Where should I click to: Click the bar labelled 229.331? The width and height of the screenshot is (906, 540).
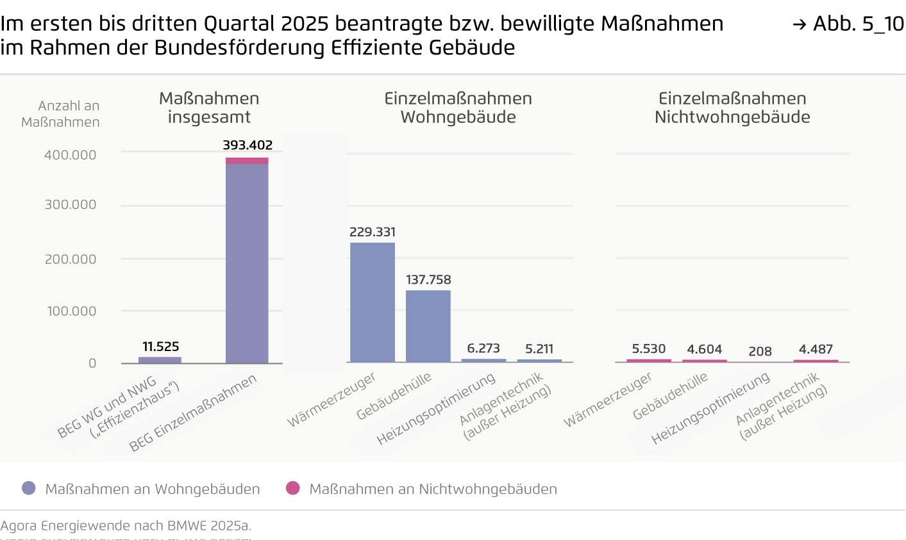[372, 302]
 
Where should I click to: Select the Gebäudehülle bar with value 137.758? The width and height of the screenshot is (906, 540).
[428, 326]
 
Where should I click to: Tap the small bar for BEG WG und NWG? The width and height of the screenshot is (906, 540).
[160, 360]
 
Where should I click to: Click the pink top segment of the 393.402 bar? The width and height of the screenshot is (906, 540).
[247, 161]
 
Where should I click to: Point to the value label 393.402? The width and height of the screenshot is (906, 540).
[247, 145]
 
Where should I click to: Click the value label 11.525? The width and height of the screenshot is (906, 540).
[160, 347]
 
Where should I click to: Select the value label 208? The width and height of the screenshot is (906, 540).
[760, 351]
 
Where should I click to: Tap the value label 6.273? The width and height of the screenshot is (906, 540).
[483, 348]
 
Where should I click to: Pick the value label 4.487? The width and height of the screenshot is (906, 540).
[816, 349]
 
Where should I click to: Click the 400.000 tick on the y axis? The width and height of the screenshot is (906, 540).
[70, 155]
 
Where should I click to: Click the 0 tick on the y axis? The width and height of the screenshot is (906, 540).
[92, 363]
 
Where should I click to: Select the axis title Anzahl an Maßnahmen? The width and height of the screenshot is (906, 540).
[61, 114]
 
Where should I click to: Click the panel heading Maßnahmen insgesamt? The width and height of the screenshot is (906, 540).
[209, 108]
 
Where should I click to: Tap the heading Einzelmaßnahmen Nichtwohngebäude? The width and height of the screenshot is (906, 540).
[732, 108]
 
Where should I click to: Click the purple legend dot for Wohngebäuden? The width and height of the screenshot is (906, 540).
[29, 488]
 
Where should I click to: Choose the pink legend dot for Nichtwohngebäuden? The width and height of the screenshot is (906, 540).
[293, 488]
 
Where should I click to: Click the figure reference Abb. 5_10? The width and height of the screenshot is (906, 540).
[849, 24]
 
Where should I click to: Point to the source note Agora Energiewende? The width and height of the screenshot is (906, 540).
[126, 526]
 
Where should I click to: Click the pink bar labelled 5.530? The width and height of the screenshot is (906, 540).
[649, 361]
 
